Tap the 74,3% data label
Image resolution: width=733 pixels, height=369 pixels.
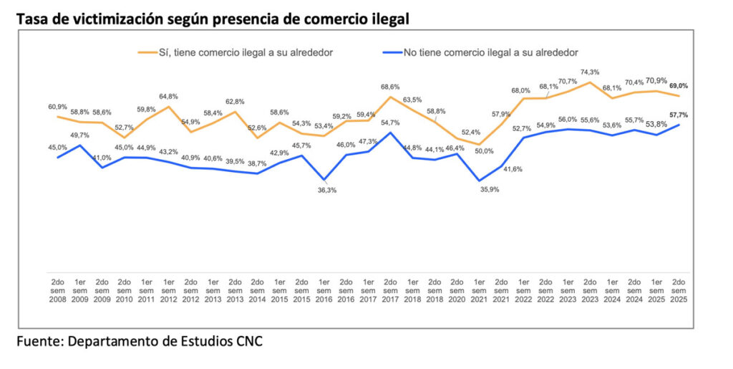[x=590, y=72]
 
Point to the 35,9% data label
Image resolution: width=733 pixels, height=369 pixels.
[x=479, y=190]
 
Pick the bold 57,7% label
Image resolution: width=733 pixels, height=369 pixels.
[x=678, y=115]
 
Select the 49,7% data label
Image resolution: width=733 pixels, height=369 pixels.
[x=80, y=134]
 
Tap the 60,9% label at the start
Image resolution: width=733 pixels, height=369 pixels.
[x=58, y=107]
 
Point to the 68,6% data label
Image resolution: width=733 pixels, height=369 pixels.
[x=390, y=87]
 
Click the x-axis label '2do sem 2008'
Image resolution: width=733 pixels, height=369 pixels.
[x=58, y=290]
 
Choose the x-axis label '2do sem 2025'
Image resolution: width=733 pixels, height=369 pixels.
[x=678, y=290]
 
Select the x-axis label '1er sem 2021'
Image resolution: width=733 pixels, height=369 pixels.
[x=479, y=290]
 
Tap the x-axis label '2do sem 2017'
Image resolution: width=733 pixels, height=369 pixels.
[x=390, y=290]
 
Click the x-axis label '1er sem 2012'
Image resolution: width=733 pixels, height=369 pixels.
[x=168, y=290]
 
